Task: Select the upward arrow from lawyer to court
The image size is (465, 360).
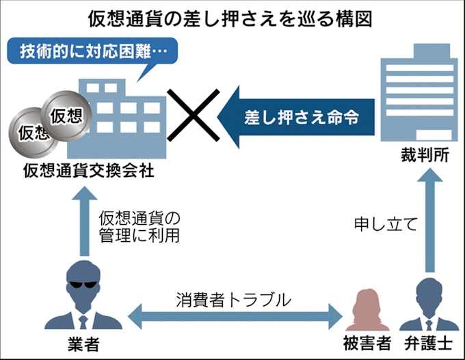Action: [429, 219]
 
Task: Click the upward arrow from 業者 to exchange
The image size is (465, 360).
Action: [81, 219]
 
